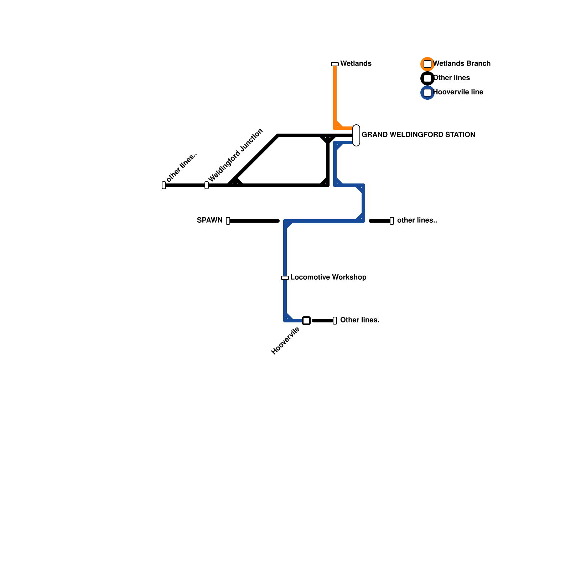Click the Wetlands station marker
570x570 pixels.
point(335,64)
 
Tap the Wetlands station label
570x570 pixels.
point(356,64)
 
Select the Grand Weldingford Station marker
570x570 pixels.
point(356,135)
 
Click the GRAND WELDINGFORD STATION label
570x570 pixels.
point(418,135)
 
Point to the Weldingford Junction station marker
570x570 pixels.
point(207,185)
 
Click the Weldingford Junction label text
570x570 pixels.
point(235,155)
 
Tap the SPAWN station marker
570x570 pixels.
point(228,221)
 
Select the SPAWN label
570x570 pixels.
point(209,221)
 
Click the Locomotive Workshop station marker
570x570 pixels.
point(285,278)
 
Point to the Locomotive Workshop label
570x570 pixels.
point(328,278)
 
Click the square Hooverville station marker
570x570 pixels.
point(306,321)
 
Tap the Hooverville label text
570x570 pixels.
point(285,341)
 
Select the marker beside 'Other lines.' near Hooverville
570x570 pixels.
point(335,321)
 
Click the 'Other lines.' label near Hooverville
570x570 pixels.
point(359,320)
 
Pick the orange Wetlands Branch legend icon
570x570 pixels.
point(427,64)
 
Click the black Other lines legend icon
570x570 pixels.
point(427,78)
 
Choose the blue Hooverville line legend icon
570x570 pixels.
point(427,93)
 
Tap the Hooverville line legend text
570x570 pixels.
point(458,92)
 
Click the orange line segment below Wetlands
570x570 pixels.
point(335,93)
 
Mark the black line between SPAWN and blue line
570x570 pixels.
point(254,221)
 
